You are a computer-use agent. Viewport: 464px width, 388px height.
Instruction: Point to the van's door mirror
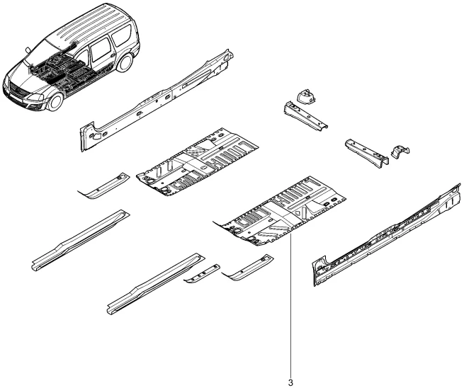28,50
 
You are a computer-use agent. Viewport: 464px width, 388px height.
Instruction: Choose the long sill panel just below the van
152,99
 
